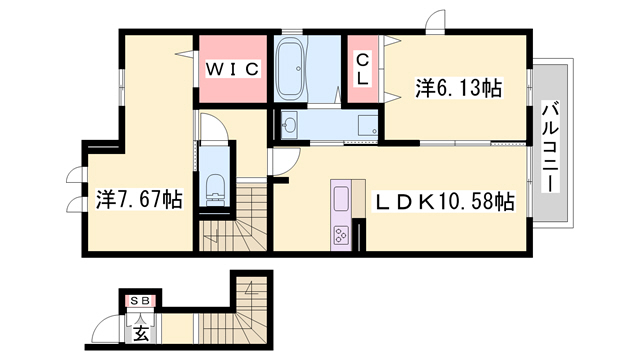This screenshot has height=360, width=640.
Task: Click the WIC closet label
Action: click(232, 69)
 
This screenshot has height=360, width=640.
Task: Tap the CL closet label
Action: click(362, 69)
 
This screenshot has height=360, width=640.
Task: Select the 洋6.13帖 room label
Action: click(458, 88)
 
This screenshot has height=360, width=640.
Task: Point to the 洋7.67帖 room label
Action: click(139, 199)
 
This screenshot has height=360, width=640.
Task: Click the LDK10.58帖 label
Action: click(444, 201)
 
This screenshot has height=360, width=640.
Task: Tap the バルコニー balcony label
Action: click(551, 147)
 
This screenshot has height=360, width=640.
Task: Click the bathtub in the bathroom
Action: click(290, 69)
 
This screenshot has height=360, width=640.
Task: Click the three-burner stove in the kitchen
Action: click(340, 236)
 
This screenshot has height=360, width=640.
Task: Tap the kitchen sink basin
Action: click(341, 199)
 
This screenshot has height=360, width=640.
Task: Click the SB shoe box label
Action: click(140, 301)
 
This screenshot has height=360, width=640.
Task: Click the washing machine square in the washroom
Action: click(368, 125)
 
